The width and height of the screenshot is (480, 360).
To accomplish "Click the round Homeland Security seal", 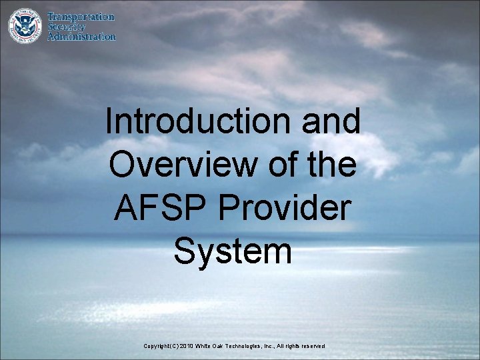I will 24,26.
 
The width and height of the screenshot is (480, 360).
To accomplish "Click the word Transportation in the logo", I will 81,17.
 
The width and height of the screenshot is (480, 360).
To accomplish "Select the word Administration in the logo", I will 81,37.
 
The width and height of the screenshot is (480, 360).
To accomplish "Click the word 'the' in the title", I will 333,165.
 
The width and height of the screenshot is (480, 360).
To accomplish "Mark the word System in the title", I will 233,251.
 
